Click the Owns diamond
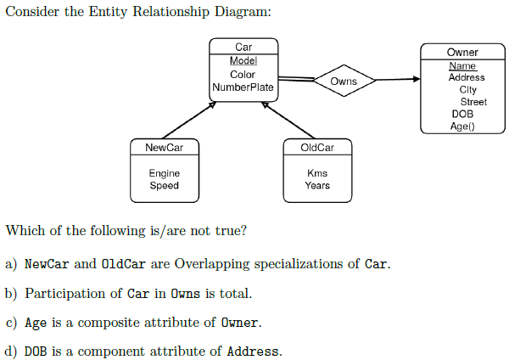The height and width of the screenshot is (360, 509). click(344, 82)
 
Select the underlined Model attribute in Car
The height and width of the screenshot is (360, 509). click(243, 61)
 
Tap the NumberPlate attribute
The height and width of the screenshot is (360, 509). click(243, 87)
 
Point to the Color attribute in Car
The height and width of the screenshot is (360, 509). click(243, 75)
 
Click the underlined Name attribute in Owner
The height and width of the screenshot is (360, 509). click(462, 65)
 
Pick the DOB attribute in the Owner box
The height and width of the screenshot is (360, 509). click(462, 114)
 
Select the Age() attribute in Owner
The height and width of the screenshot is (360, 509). click(462, 126)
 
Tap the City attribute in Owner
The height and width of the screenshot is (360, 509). click(467, 89)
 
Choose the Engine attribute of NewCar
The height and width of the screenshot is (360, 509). click(165, 173)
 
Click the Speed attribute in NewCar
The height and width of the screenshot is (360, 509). click(165, 185)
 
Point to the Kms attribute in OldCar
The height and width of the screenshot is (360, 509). click(317, 173)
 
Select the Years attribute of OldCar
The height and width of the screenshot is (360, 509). click(317, 185)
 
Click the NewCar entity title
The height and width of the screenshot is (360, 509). click(164, 148)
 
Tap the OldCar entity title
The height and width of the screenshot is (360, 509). click(317, 148)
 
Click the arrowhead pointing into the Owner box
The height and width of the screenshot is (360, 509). click(416, 80)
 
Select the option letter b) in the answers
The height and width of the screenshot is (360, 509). click(11, 294)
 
